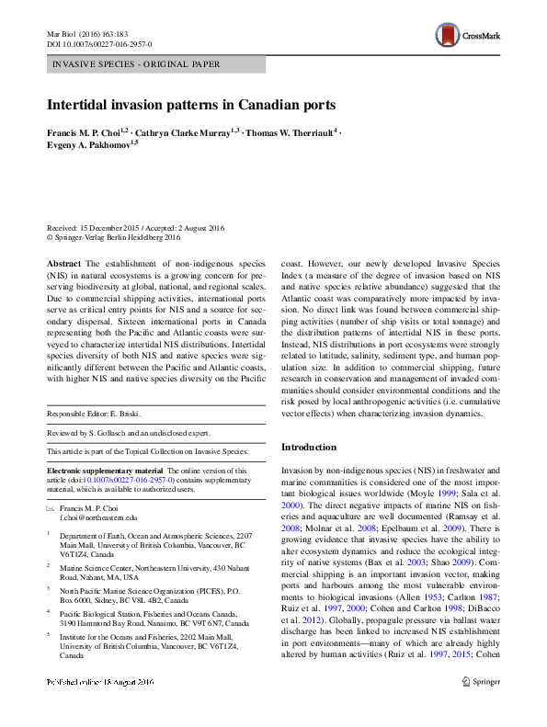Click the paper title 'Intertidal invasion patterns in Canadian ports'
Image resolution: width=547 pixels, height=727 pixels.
coord(191,105)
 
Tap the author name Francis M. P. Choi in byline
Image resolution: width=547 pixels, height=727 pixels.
coord(87,132)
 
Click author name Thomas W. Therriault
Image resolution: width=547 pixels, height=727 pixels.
coord(289,132)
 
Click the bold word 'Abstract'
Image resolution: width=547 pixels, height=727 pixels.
coord(64,263)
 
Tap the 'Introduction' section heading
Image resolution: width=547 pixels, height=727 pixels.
coord(309,447)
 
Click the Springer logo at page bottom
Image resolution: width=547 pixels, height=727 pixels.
coord(479,708)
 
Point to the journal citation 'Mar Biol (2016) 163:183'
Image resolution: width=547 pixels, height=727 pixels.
coord(86,31)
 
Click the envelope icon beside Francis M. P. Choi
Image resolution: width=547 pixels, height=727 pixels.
coord(51,508)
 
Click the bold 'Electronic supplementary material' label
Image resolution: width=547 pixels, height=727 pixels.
coord(104,471)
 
